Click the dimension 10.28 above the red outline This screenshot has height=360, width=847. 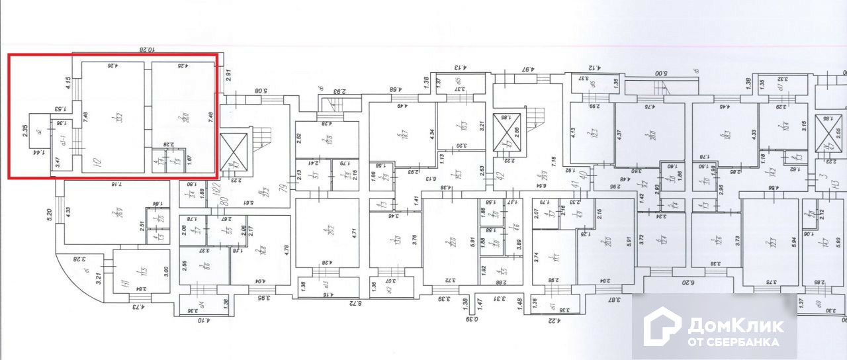tap(146, 49)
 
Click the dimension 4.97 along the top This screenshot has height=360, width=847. tap(528, 68)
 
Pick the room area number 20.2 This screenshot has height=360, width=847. tap(327, 232)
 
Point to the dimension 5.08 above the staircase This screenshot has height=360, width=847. tap(261, 91)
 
